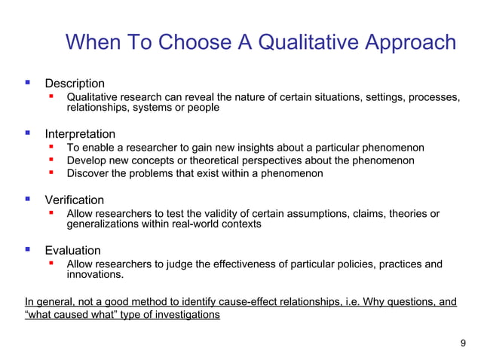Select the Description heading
[75, 83]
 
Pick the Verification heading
[75, 200]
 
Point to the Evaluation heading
[72, 250]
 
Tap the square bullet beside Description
[28, 82]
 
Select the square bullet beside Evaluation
[28, 249]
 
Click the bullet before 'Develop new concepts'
[51, 160]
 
